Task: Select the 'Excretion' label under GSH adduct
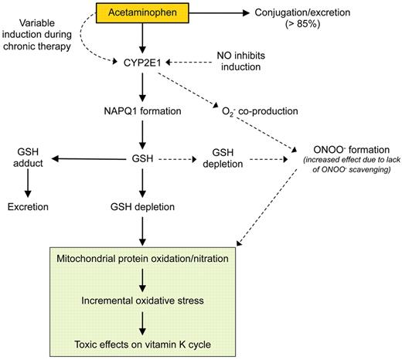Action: pyautogui.click(x=29, y=207)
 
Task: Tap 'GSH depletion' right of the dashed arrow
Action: pyautogui.click(x=230, y=160)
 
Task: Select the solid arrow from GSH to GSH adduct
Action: pyautogui.click(x=86, y=160)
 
